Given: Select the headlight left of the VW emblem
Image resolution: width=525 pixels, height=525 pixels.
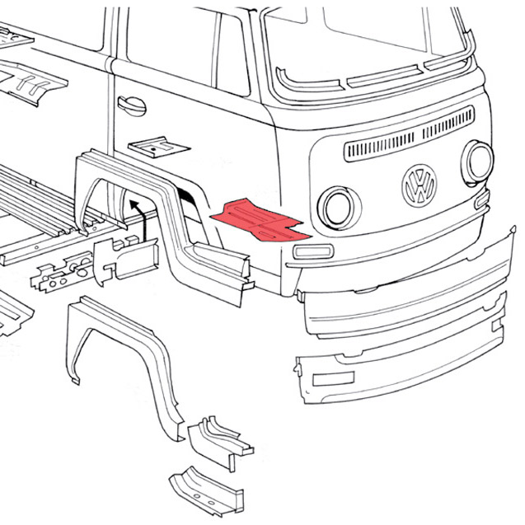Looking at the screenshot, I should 336,207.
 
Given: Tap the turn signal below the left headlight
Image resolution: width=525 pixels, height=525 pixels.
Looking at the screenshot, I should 314,251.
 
